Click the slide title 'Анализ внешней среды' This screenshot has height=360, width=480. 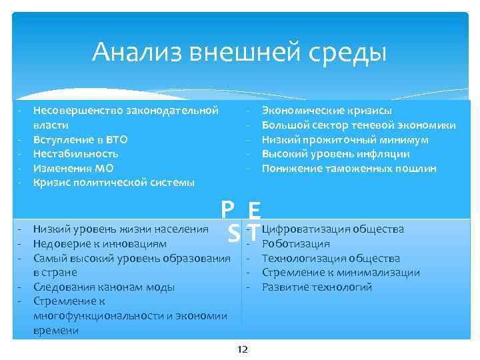click(239, 51)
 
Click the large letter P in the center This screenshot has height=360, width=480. click(229, 210)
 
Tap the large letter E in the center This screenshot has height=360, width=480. click(253, 211)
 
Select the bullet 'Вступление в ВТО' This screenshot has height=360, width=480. click(80, 139)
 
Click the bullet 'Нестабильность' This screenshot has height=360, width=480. click(75, 153)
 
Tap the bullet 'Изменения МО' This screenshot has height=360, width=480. click(71, 168)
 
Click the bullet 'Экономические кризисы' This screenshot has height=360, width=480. click(327, 110)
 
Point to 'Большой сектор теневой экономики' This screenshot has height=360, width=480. click(359, 125)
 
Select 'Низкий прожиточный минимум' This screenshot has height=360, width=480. click(345, 139)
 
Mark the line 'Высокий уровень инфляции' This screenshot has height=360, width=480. click(335, 153)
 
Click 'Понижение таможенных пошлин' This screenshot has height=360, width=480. click(349, 168)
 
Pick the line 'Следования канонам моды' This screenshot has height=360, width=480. click(104, 287)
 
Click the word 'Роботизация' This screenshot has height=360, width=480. click(296, 243)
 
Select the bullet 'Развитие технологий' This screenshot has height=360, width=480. click(317, 287)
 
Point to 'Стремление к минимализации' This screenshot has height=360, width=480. click(341, 273)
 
